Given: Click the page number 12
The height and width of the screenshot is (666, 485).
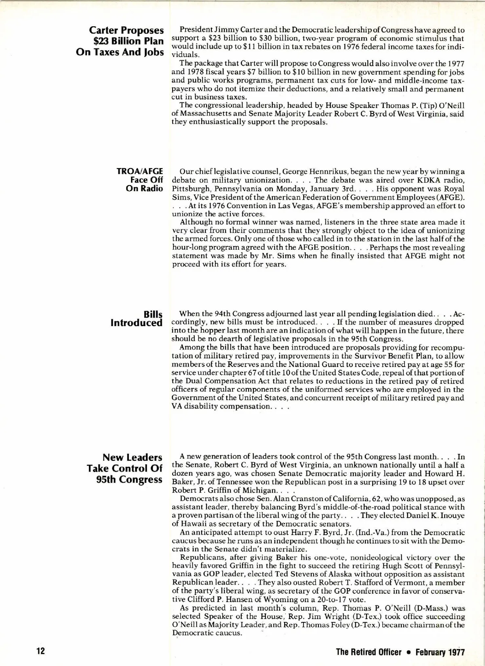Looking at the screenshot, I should [x=40, y=652].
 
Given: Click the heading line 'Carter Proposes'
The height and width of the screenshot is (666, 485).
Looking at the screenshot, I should [x=127, y=30].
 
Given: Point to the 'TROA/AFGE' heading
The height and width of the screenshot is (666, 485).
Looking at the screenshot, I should [x=139, y=171].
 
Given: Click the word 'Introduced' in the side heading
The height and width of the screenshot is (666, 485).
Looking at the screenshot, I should [x=137, y=323].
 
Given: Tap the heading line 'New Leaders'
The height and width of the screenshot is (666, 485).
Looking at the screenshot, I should [x=132, y=457].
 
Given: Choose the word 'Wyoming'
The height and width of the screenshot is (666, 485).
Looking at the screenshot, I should [x=265, y=599].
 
